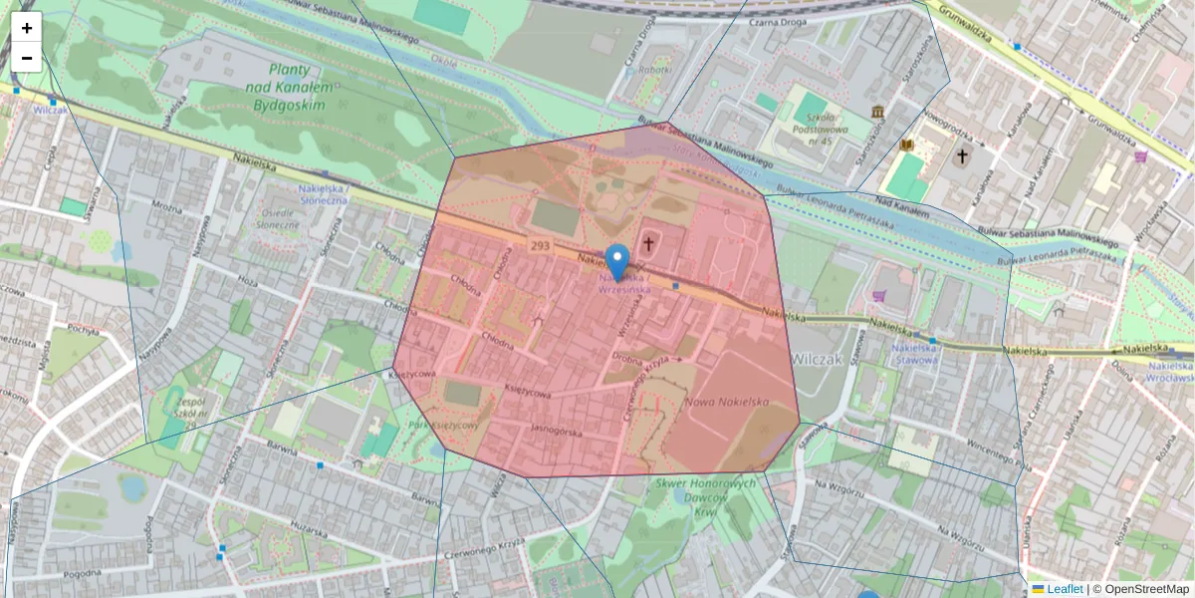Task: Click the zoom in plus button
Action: coord(27,28)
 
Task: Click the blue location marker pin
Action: coord(617,262)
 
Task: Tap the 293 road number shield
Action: coord(541,245)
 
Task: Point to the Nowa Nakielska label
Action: coord(727,401)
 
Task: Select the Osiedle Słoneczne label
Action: coord(280,218)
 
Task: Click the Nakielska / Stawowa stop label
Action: coord(915,354)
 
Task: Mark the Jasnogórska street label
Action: coord(556,433)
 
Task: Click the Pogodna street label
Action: coord(82,573)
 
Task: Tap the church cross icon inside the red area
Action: coord(649,242)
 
